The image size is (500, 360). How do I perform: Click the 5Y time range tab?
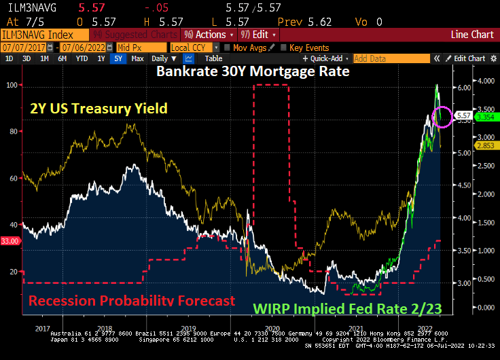point(119,59)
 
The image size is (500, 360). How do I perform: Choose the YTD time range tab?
point(82,59)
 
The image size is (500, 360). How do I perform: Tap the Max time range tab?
point(137,59)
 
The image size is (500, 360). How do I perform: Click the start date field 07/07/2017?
point(28,48)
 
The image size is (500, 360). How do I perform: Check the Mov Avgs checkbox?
point(228,48)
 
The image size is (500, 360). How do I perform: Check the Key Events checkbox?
point(285,48)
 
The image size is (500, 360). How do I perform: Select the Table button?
point(213,59)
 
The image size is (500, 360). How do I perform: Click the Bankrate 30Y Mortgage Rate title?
point(253,71)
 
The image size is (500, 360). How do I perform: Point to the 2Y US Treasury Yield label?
point(98,109)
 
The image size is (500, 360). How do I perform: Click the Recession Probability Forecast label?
point(132,300)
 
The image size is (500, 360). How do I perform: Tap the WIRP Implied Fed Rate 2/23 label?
point(347,308)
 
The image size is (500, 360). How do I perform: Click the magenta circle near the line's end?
point(442,116)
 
